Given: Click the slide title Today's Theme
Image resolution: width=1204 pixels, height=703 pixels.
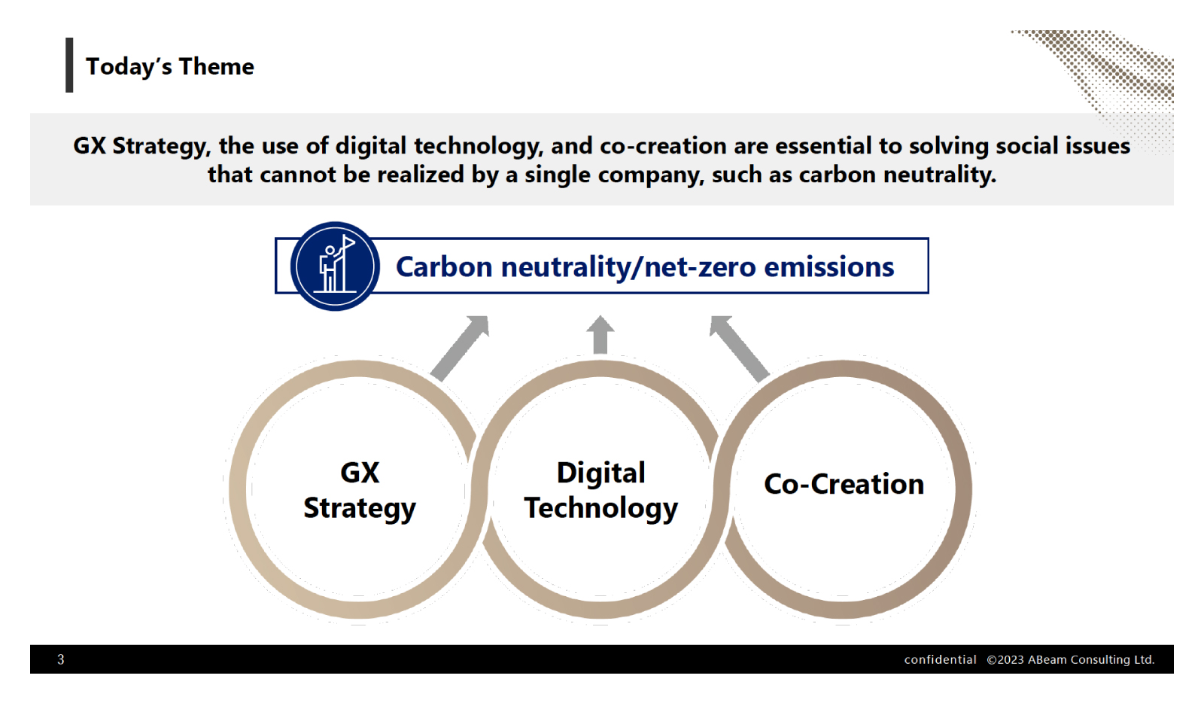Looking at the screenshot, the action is point(170,67).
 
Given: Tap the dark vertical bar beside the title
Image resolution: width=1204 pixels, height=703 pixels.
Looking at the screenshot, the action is point(69,65).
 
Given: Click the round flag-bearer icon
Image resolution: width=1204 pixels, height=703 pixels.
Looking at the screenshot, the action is point(335,266).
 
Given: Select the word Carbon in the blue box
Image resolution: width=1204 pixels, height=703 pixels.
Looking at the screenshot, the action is point(444,267).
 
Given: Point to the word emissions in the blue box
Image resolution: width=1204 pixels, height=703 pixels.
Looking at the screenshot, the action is point(829,267).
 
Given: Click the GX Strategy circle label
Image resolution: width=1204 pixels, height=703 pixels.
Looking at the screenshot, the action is point(360,490).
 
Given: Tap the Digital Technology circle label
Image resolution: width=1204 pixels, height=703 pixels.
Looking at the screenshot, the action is point(601,490).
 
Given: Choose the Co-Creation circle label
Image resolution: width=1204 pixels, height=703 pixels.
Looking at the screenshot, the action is point(844,484).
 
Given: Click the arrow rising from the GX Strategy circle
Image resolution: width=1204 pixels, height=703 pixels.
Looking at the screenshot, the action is point(460,348).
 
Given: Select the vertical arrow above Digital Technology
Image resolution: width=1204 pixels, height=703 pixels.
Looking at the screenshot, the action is point(600,334).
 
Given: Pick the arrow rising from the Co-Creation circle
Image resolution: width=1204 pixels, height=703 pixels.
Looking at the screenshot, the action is point(740,348).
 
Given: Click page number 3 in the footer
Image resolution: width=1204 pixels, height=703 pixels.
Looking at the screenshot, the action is point(61,659).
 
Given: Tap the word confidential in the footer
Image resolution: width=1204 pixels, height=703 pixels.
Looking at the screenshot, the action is point(940,659).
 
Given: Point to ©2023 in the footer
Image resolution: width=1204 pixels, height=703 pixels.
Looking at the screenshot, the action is point(1005,659).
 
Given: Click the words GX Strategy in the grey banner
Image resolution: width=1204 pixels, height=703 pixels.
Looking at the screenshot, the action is point(142,146).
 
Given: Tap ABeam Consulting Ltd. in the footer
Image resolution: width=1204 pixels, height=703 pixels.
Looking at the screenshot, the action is point(1091,659).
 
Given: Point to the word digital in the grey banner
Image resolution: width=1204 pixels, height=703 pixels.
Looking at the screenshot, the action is point(371,146).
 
